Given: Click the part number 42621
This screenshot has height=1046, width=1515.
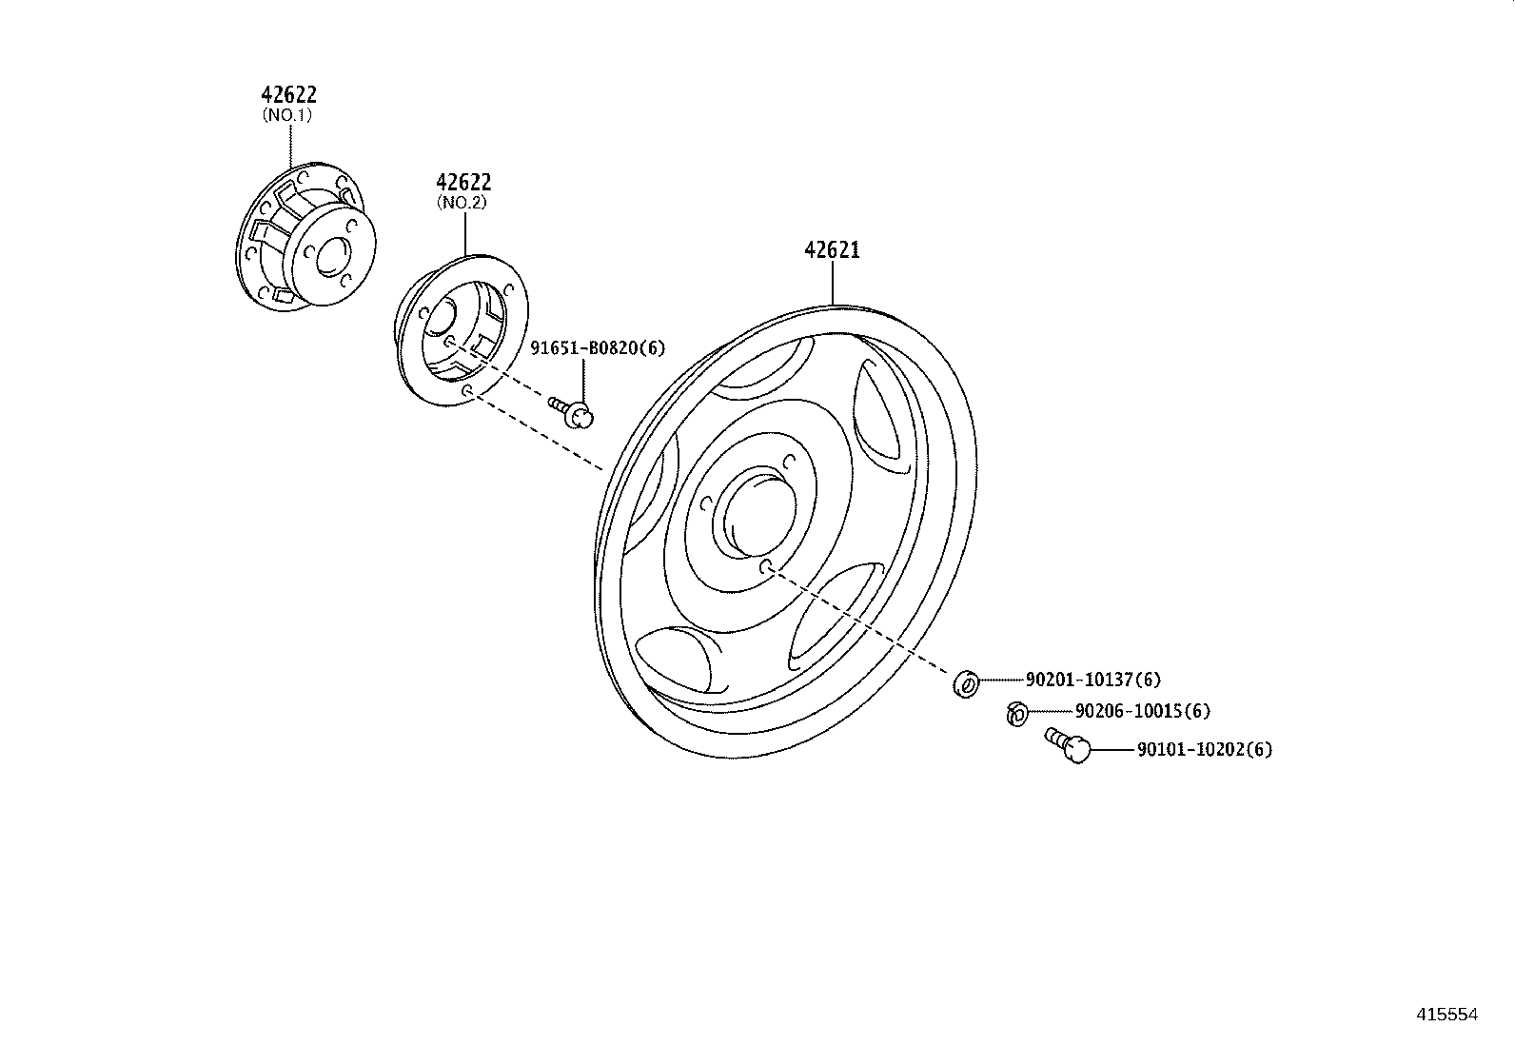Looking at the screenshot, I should pos(832,250).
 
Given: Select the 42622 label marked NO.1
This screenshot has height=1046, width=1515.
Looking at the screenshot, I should pos(288,94).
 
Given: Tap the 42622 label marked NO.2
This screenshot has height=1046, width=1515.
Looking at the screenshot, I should pos(463,182).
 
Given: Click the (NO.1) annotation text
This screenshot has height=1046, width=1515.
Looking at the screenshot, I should pos(287,115).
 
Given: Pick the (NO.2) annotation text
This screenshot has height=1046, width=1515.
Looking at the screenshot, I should pos(462,203).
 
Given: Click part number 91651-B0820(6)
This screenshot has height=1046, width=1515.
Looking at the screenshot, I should pos(598,348).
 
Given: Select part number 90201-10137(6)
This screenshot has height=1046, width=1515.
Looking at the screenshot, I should pos(1092,680).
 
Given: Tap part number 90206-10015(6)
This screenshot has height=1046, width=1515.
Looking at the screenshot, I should pos(1142,711).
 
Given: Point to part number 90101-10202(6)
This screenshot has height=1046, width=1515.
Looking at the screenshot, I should pos(1204,749).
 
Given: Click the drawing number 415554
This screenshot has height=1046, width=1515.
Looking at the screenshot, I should pos(1446,1015).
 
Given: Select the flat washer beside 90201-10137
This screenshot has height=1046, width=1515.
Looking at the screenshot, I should pos(965,682).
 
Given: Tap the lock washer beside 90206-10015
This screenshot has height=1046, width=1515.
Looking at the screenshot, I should pos(1016,712).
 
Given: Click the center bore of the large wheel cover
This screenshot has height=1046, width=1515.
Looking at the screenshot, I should pos(754,517).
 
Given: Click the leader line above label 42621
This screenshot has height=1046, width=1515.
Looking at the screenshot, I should pos(833,283).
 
